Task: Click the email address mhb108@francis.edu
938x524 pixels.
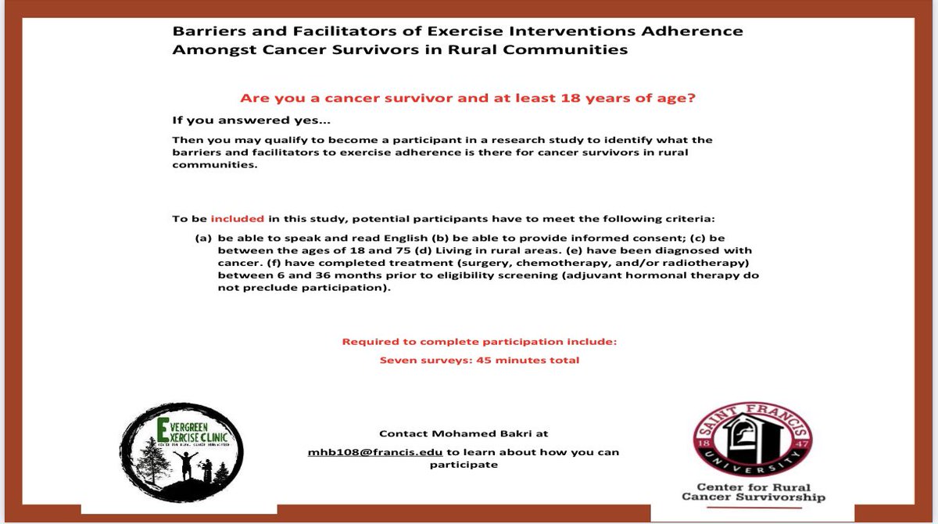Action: point(376,452)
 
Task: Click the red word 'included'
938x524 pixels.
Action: point(238,219)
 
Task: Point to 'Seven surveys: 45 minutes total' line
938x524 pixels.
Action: point(479,361)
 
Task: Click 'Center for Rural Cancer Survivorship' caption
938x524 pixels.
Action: point(753,490)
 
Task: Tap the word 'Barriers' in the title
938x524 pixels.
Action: point(205,31)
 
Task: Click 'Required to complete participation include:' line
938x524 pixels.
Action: point(479,343)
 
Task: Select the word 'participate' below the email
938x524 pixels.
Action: point(464,465)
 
